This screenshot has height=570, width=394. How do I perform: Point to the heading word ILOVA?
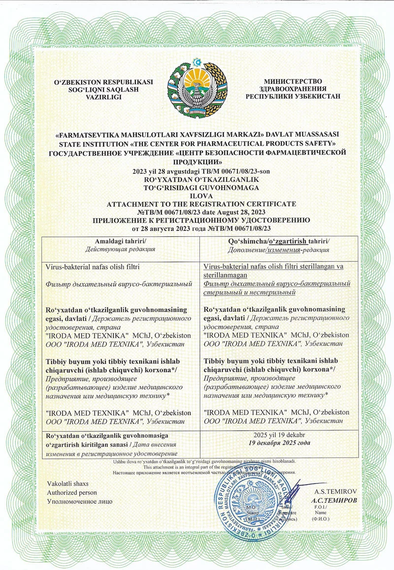[197, 195]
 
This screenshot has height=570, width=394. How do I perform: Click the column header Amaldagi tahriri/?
[121, 241]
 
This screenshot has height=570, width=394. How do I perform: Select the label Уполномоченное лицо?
[80, 501]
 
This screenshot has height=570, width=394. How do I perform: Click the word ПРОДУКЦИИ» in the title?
[197, 161]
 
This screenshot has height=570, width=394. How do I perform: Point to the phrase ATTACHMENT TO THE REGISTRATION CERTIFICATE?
[197, 203]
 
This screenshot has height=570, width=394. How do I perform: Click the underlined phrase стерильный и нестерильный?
[250, 293]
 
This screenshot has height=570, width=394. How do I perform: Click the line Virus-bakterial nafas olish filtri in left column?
[94, 267]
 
